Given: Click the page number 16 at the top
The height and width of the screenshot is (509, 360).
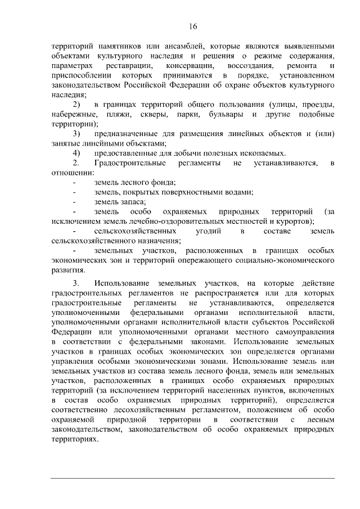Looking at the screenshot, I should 193,26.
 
